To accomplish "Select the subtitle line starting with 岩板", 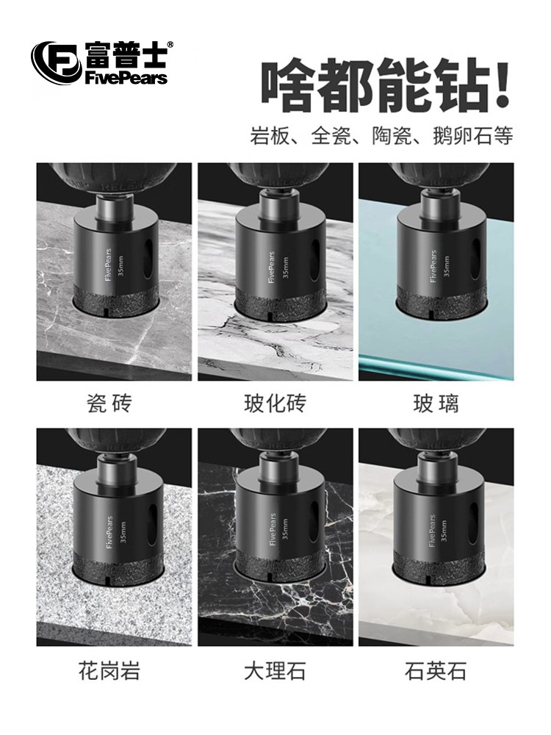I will pos(381,136).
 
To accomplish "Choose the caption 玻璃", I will pos(436,403).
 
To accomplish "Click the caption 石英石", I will pos(436,670).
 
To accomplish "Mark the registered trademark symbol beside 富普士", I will pos(170,45).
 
